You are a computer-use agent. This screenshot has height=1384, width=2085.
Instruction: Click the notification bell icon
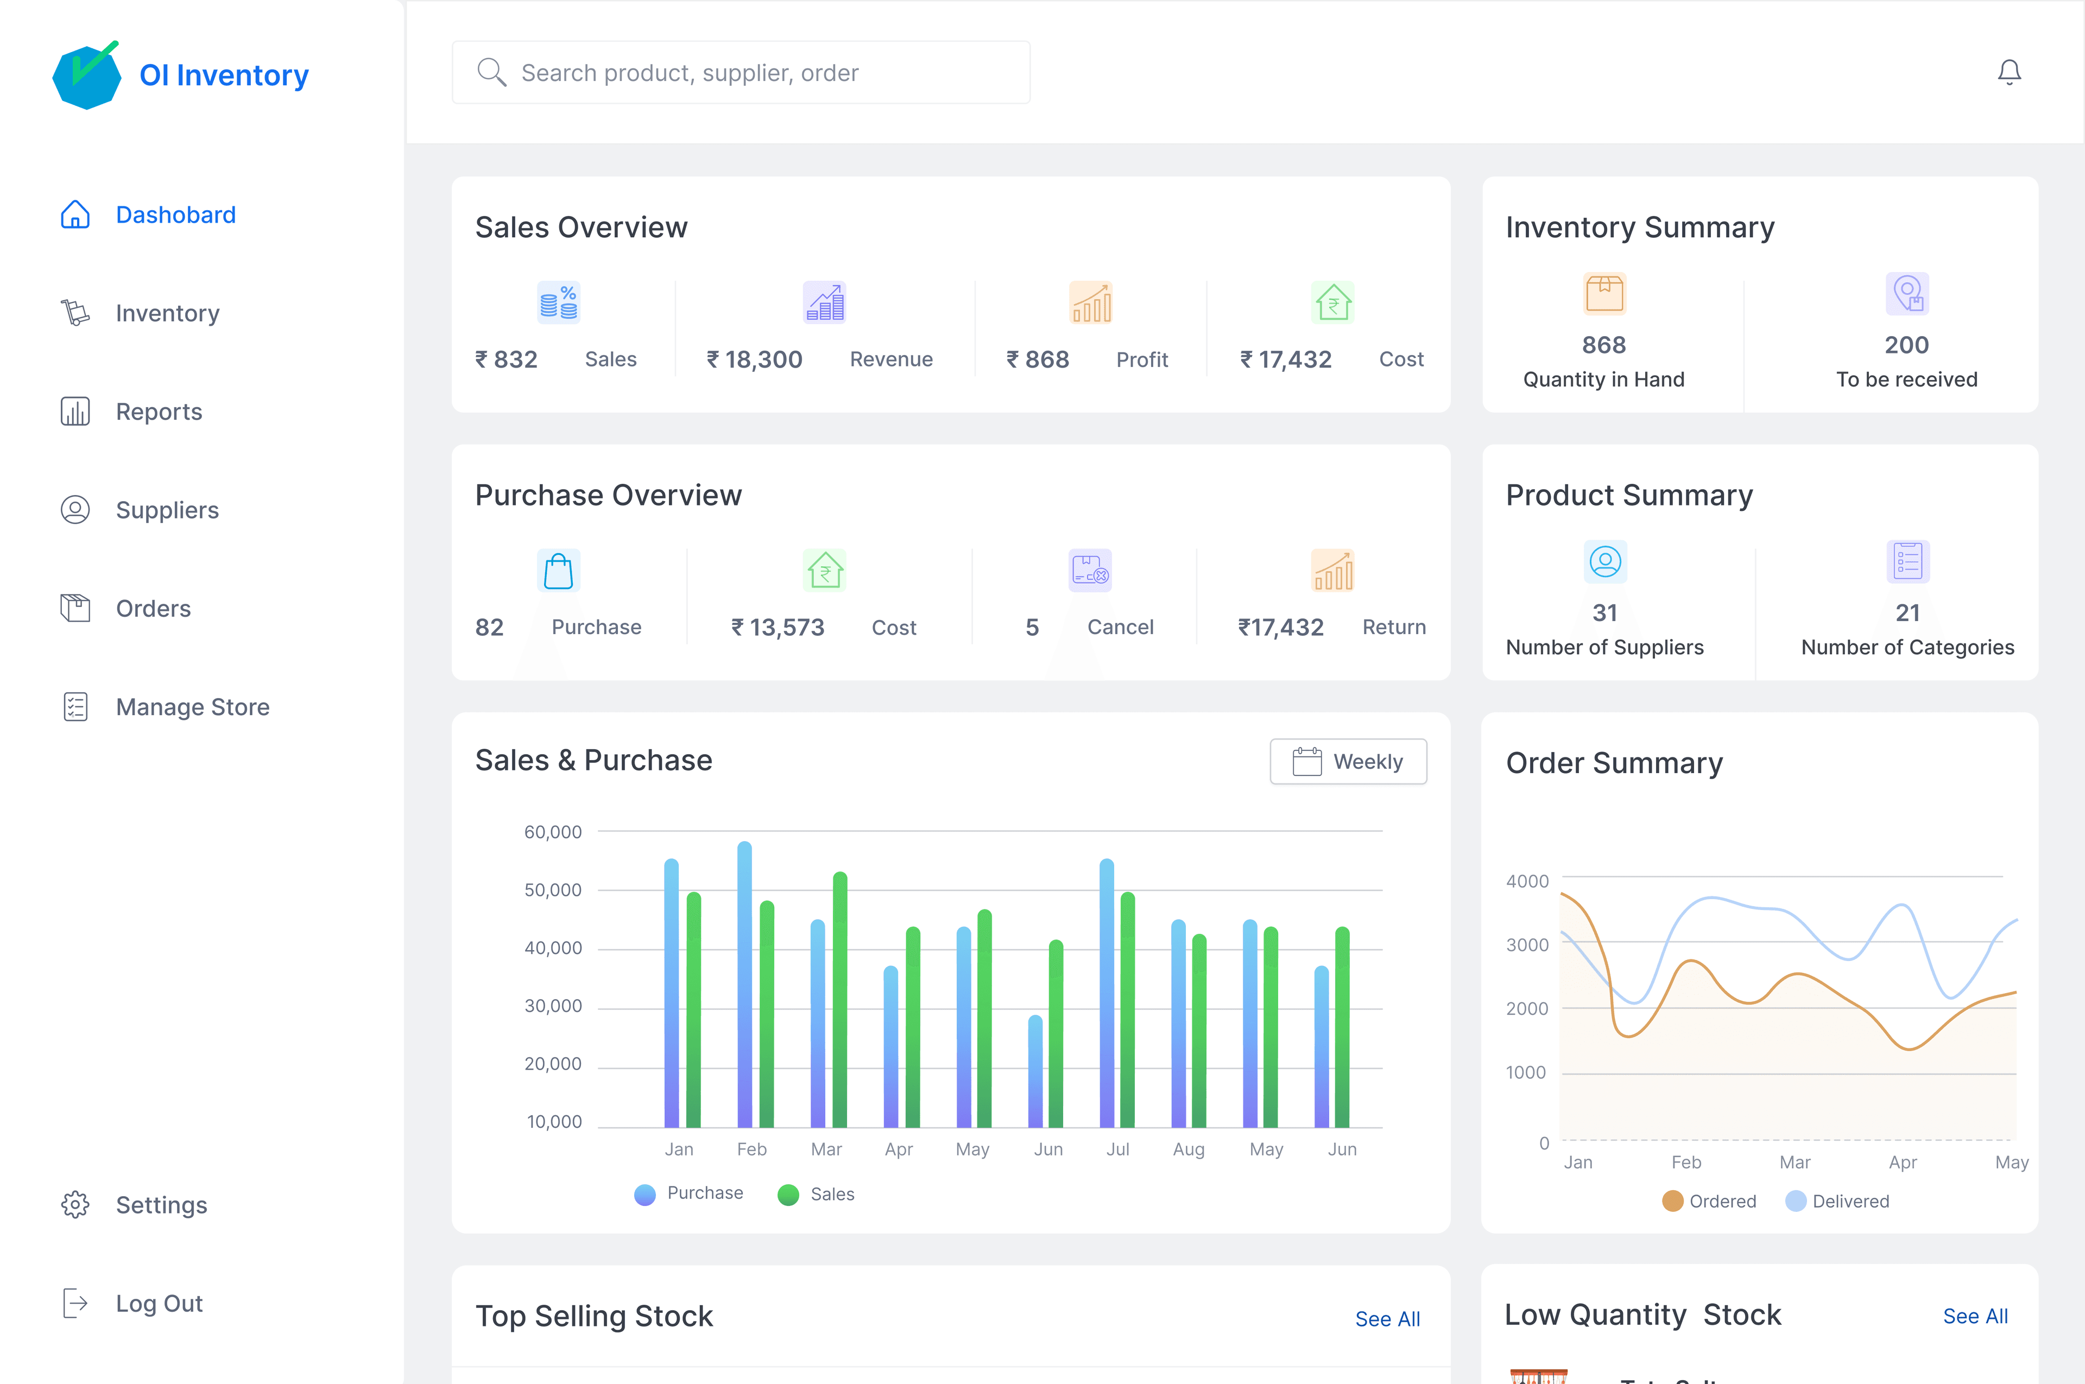[x=2008, y=72]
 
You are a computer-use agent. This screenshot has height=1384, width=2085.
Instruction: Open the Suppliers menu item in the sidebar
[x=167, y=510]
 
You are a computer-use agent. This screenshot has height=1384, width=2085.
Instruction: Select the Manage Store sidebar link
[x=192, y=707]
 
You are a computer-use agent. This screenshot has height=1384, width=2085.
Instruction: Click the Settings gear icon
[x=75, y=1205]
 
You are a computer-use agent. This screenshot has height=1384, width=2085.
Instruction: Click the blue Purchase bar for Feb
[x=744, y=984]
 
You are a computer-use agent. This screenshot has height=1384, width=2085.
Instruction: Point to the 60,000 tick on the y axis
[x=553, y=831]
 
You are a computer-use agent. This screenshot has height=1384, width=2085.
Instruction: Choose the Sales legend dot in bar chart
[x=787, y=1194]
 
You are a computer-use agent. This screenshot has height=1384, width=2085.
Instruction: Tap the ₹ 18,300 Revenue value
[x=755, y=359]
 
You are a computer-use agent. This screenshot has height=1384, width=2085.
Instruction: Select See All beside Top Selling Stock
[x=1387, y=1319]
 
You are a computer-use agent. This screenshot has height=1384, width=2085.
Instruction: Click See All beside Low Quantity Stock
[x=1975, y=1316]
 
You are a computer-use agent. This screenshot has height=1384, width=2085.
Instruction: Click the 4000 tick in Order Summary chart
[x=1526, y=881]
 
